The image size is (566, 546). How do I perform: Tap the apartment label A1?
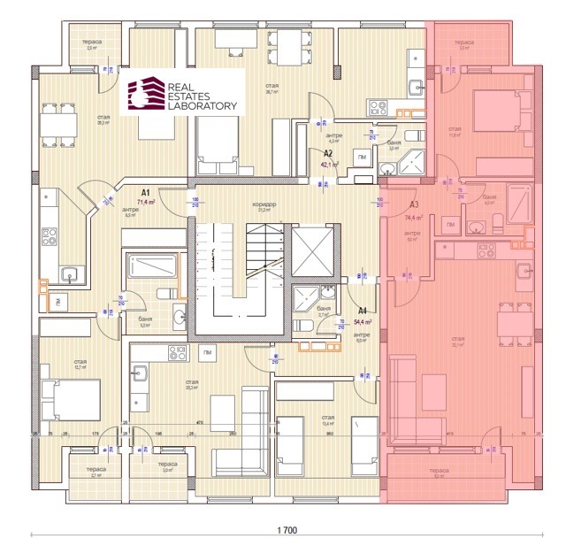click(x=146, y=191)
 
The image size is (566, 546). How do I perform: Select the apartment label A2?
click(x=327, y=153)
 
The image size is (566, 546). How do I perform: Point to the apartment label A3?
click(x=413, y=204)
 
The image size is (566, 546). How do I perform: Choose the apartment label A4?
click(x=363, y=311)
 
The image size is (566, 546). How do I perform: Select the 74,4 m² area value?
click(x=414, y=217)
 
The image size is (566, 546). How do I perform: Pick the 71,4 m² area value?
click(x=146, y=203)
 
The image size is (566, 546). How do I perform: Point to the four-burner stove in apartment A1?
click(x=49, y=238)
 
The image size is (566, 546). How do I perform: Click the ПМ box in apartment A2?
click(x=363, y=157)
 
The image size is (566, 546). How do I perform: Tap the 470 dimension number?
click(x=201, y=423)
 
